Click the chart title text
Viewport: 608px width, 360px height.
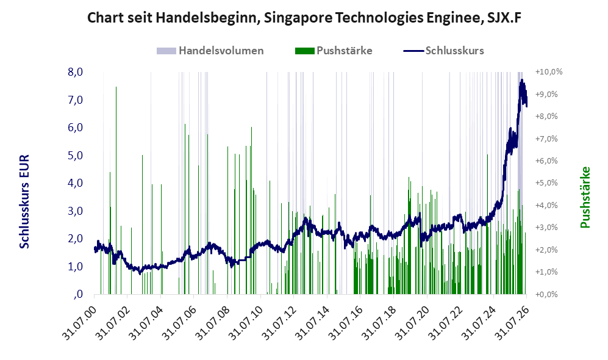pos(304,18)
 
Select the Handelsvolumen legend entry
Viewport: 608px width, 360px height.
pos(210,51)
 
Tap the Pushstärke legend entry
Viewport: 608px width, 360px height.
pos(334,51)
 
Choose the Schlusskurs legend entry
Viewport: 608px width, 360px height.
pos(443,51)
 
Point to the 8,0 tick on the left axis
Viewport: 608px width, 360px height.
pos(75,72)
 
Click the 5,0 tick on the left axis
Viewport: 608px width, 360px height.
pos(75,155)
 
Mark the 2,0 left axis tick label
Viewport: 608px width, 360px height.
pos(75,239)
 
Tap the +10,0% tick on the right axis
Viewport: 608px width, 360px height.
pos(549,72)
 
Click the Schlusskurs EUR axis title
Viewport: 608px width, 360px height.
pos(24,202)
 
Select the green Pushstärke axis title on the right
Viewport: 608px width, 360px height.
pos(585,197)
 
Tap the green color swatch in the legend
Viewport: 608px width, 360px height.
pos(304,51)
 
